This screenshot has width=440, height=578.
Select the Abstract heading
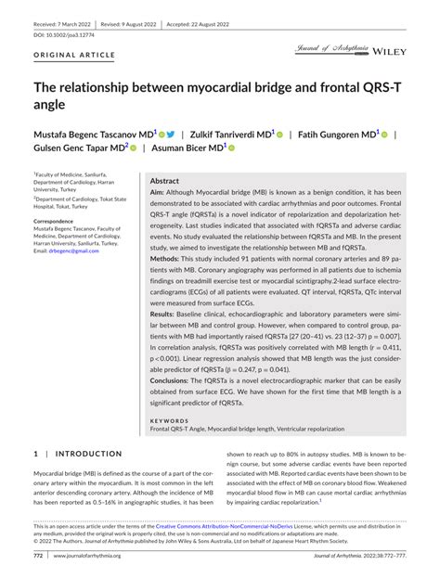[x=164, y=181]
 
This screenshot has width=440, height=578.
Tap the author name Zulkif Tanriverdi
[x=231, y=134]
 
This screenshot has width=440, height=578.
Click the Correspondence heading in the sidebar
[x=59, y=222]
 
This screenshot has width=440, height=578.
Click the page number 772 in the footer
[x=39, y=556]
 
